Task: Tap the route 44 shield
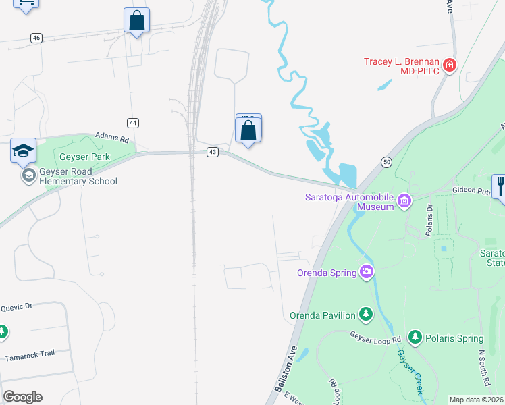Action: (x=133, y=122)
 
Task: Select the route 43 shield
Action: (x=213, y=152)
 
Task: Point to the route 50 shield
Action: (x=386, y=162)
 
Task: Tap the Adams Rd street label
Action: (x=111, y=137)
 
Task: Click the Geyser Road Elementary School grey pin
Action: (x=28, y=175)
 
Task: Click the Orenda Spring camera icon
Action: (x=367, y=272)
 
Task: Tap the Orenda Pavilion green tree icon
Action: (x=366, y=314)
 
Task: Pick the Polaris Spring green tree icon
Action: (x=415, y=337)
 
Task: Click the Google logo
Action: (x=22, y=396)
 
